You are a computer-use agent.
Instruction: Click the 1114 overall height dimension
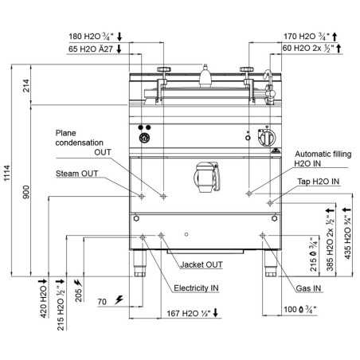[x=6, y=173]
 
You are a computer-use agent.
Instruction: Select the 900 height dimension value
[x=26, y=192]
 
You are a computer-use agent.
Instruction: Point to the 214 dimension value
[x=26, y=85]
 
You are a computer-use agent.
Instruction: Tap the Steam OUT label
[x=76, y=174]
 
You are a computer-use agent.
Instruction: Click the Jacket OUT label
[x=202, y=264]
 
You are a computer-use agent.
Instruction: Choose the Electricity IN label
[x=196, y=288]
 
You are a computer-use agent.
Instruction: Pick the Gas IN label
[x=308, y=288]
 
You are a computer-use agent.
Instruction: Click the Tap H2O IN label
[x=319, y=182]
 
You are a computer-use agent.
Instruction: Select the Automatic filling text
[x=323, y=154]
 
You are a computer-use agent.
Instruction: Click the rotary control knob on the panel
[x=267, y=137]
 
